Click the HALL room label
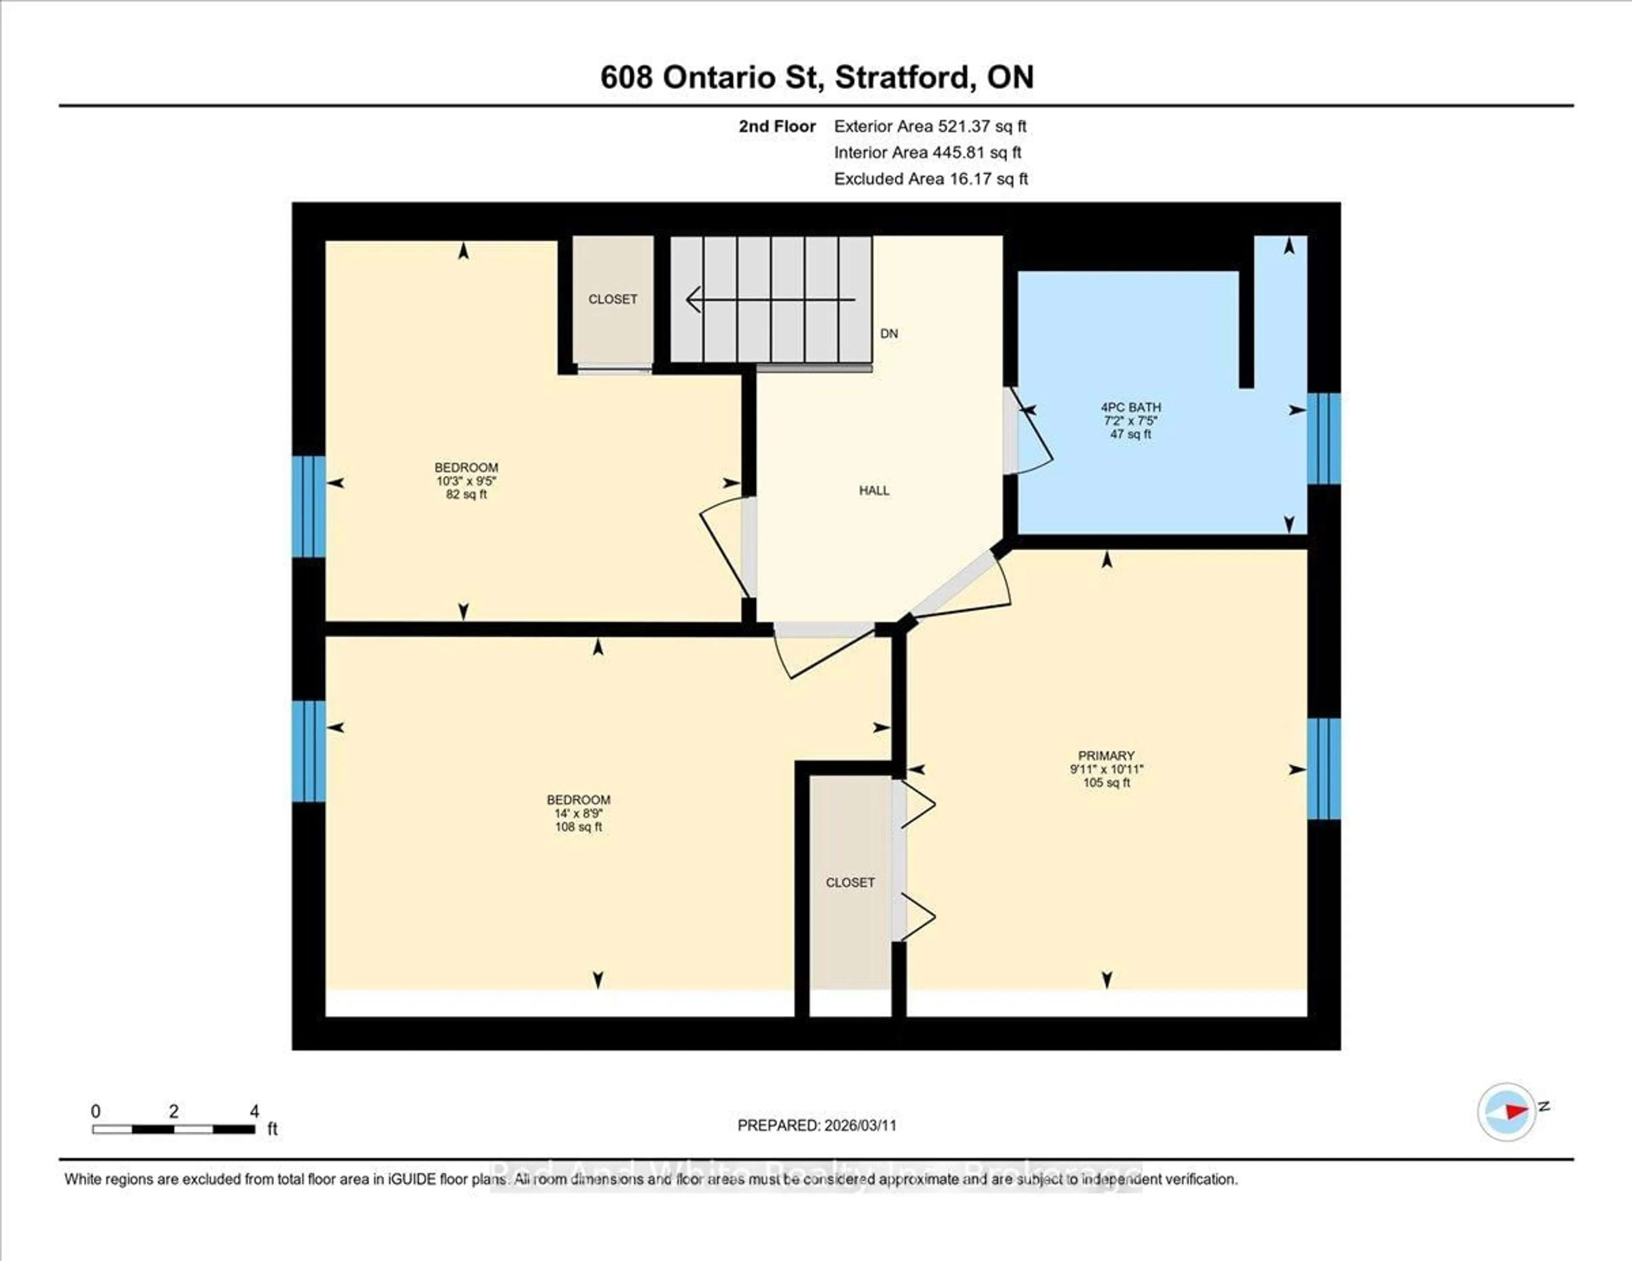873,490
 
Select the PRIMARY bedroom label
1106,755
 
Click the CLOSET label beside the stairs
613,299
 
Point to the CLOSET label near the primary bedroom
850,883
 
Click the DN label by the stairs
889,333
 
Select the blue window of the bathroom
1323,439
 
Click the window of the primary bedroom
1323,768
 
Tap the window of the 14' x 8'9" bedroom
308,751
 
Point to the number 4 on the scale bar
254,1111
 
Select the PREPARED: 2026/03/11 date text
817,1125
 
